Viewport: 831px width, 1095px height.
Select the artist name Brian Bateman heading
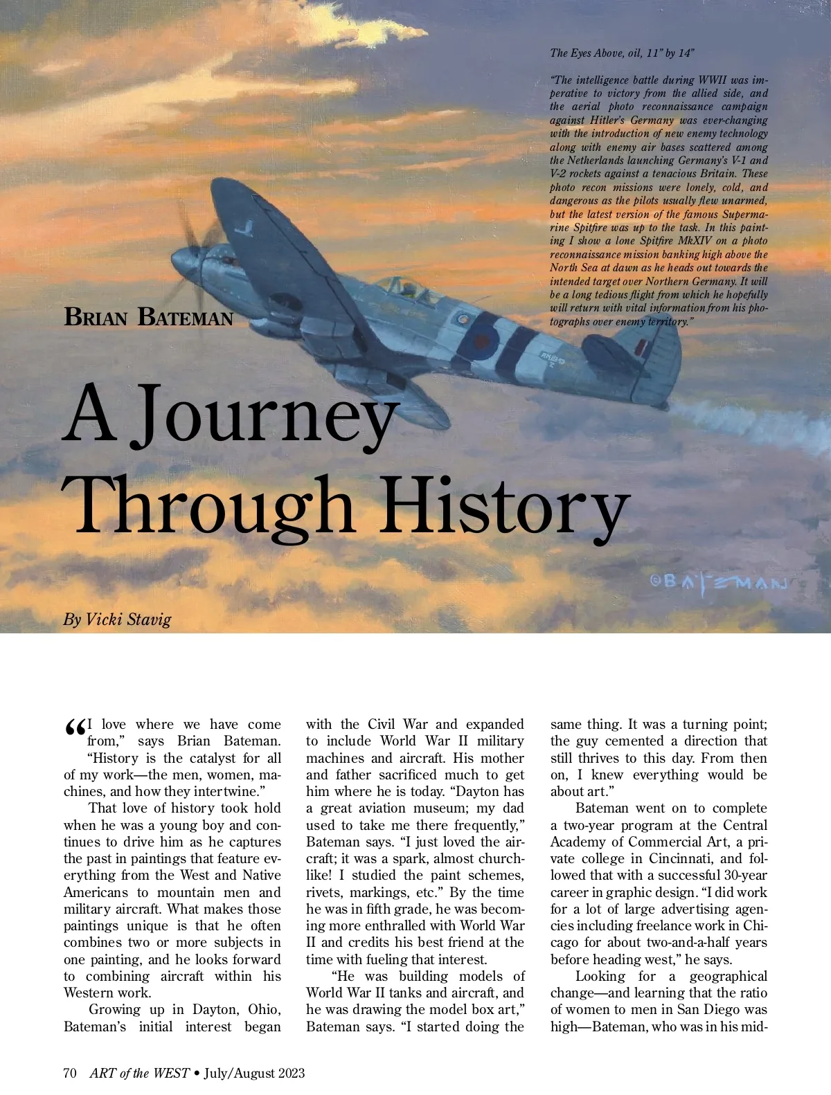[148, 317]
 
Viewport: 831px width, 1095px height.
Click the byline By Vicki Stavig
[117, 619]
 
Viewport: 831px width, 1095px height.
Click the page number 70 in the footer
[70, 1073]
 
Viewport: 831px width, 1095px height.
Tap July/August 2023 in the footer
[254, 1073]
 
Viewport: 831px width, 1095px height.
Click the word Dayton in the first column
[215, 1010]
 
